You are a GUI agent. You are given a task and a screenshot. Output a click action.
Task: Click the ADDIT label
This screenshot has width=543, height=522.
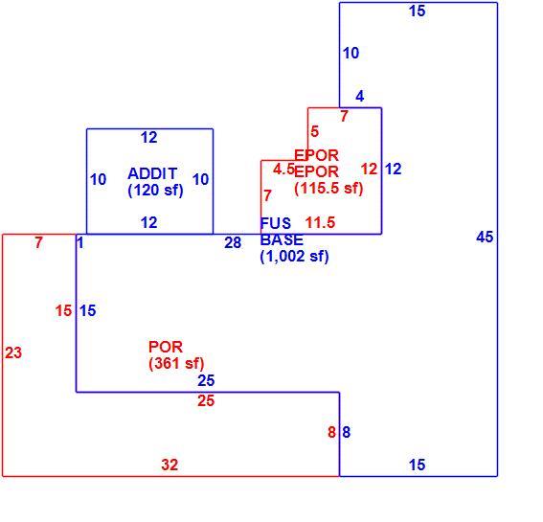(152, 173)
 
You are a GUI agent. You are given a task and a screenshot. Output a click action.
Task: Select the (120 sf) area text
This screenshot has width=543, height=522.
(155, 191)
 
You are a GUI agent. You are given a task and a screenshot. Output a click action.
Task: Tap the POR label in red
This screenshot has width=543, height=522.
(166, 347)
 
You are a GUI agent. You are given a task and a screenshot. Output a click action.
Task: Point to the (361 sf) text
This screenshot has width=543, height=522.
(176, 363)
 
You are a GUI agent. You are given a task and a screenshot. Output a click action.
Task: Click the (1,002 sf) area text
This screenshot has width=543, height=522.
(294, 257)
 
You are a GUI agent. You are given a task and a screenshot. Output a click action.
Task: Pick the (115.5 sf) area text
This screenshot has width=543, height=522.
(328, 189)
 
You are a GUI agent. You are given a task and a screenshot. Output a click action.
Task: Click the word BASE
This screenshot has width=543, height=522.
(282, 239)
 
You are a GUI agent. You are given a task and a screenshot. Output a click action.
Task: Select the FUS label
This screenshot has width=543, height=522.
(276, 223)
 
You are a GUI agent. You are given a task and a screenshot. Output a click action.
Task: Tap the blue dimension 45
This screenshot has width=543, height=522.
(485, 238)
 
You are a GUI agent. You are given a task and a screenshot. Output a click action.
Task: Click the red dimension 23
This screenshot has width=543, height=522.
(13, 353)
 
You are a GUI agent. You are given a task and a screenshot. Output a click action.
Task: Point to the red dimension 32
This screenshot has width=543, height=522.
(170, 465)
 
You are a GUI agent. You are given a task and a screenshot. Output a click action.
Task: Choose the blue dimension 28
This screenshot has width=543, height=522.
(233, 243)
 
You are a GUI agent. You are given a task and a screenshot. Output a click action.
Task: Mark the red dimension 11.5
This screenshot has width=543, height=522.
(320, 222)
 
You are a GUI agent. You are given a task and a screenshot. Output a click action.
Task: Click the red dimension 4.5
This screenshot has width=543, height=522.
(283, 170)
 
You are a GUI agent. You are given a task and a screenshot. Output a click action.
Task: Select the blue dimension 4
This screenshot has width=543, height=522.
(360, 96)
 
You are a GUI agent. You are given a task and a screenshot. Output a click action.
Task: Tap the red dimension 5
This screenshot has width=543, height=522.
(314, 131)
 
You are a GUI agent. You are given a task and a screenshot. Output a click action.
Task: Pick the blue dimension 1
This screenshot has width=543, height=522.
(80, 243)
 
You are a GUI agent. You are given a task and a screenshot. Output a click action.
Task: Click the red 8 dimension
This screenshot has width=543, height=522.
(331, 432)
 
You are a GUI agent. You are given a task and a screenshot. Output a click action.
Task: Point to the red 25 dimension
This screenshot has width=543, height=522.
(206, 401)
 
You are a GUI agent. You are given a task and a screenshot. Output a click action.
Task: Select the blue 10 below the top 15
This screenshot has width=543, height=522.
(351, 53)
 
